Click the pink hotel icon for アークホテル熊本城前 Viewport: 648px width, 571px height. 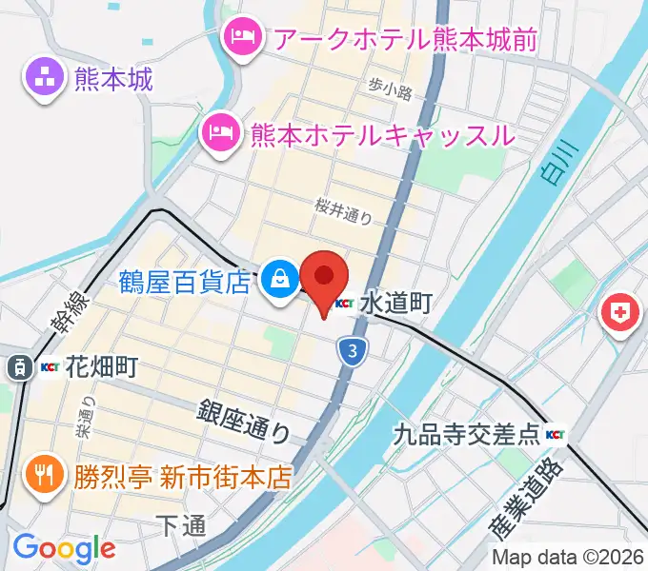coord(238,38)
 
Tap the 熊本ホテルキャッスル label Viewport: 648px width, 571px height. coord(381,135)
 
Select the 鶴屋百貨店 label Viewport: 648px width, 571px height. coord(186,281)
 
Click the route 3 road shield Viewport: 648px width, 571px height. coord(354,351)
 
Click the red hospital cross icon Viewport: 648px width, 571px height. coord(620,311)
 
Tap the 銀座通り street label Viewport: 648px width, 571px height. coord(244,422)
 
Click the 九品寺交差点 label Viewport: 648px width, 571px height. coord(467,436)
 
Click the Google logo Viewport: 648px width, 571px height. coord(63,548)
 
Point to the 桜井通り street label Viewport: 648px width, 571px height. coord(344,209)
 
